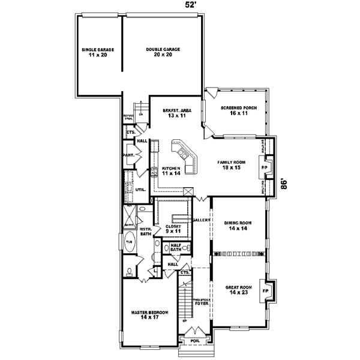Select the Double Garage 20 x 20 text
pyautogui.click(x=163, y=52)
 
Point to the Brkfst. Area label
pyautogui.click(x=176, y=113)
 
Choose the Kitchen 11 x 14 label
pyautogui.click(x=171, y=170)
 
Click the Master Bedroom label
pyautogui.click(x=150, y=315)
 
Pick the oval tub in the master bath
pyautogui.click(x=129, y=242)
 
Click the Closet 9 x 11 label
pyautogui.click(x=173, y=228)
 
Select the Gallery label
pyautogui.click(x=200, y=220)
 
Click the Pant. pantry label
pyautogui.click(x=130, y=155)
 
